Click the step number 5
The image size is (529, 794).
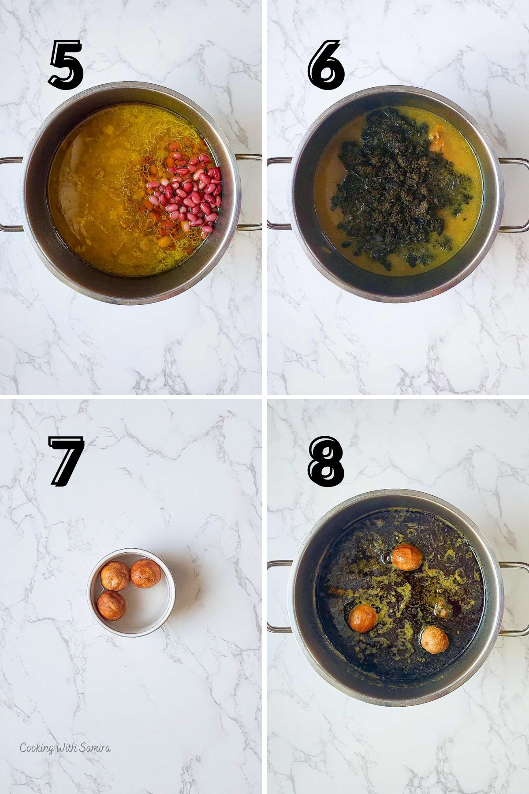66,65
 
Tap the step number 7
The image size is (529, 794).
66,462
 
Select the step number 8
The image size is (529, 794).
326,462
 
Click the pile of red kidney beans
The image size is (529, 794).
190,187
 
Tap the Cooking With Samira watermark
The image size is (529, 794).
65,748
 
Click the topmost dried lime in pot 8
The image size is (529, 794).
407,557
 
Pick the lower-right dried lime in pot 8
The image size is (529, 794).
434,640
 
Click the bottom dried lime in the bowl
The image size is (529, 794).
111,605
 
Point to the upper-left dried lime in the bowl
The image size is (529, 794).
115,576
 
